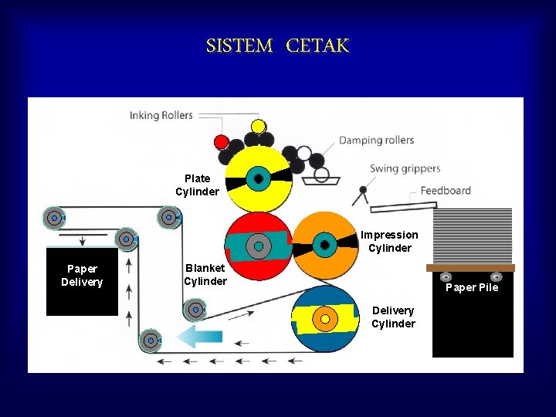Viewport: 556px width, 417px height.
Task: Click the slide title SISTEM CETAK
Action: click(277, 46)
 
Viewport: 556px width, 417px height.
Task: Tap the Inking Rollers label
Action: click(161, 116)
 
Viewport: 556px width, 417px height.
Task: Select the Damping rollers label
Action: click(376, 141)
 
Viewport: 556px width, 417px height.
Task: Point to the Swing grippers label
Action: click(405, 168)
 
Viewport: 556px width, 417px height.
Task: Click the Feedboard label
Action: click(446, 191)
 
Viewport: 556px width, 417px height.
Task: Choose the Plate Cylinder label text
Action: click(197, 185)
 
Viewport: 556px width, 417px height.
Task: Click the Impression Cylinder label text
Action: click(389, 241)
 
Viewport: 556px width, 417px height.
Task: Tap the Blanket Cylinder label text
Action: click(205, 274)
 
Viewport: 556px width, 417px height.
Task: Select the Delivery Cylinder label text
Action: click(393, 317)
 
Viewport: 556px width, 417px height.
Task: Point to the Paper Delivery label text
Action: click(82, 275)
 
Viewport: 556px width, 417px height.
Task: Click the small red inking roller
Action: click(221, 142)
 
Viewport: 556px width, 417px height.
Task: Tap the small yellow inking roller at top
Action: click(259, 126)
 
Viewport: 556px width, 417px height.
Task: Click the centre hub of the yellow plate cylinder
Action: click(259, 178)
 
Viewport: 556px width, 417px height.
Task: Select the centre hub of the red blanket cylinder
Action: click(259, 246)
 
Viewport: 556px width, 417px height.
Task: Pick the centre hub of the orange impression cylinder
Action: click(325, 245)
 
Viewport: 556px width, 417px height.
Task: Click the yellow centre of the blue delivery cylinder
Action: click(325, 318)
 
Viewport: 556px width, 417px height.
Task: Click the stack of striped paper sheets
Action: click(473, 236)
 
